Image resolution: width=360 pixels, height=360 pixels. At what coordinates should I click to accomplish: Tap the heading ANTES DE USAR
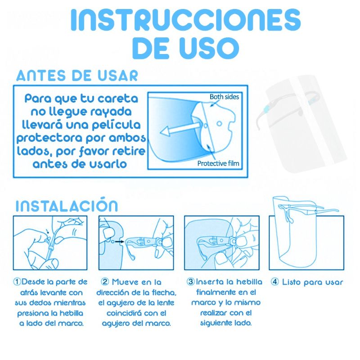(x=77, y=75)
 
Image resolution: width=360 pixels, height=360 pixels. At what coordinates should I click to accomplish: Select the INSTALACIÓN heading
(x=67, y=206)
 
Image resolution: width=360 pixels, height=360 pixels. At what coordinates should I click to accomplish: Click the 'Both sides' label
(x=224, y=97)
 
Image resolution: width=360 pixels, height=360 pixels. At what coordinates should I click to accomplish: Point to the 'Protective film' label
(x=218, y=163)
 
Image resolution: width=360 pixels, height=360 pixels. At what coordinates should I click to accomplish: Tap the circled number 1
(x=17, y=282)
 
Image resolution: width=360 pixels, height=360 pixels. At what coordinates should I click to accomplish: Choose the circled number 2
(x=105, y=282)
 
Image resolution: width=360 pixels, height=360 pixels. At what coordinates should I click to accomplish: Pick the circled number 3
(x=190, y=282)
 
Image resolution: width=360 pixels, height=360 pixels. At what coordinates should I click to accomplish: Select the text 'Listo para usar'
(x=312, y=283)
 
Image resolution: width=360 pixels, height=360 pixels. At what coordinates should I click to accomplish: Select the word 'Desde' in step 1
(x=34, y=282)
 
